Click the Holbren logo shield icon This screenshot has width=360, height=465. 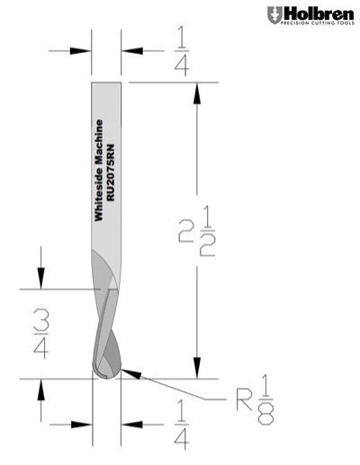pyautogui.click(x=274, y=15)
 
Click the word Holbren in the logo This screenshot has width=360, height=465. pyautogui.click(x=319, y=13)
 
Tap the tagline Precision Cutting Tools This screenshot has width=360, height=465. pyautogui.click(x=317, y=23)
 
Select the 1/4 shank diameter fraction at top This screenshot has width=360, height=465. pyautogui.click(x=182, y=51)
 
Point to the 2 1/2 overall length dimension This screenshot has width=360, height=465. pyautogui.click(x=197, y=232)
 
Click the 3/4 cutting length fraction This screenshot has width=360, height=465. pyautogui.click(x=41, y=334)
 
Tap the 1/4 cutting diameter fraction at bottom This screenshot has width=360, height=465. pyautogui.click(x=182, y=425)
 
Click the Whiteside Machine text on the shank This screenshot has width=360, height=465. pyautogui.click(x=99, y=170)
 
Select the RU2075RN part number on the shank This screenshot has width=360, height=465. pyautogui.click(x=111, y=173)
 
